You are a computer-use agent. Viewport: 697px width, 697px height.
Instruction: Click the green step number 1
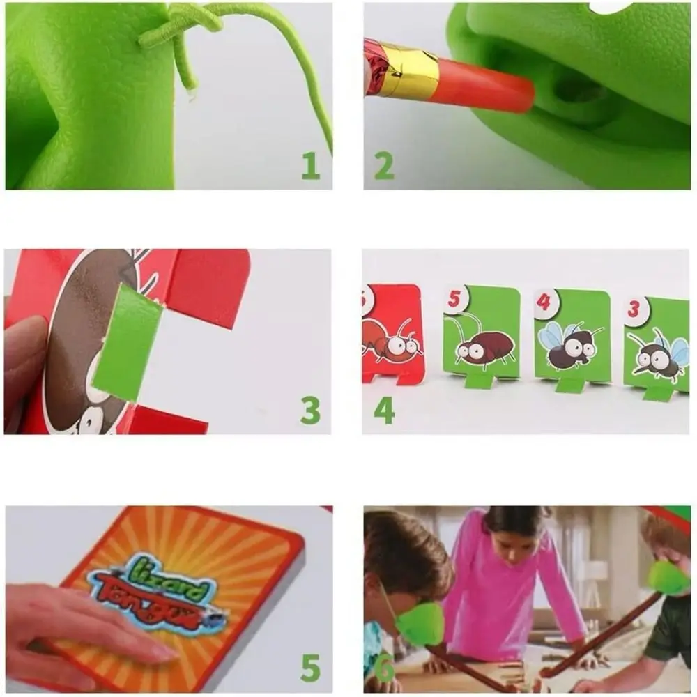(311, 166)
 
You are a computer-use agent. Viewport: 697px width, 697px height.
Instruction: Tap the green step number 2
(383, 166)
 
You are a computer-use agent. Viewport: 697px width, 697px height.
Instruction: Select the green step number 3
(310, 411)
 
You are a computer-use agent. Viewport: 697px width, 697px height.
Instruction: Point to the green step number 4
(384, 411)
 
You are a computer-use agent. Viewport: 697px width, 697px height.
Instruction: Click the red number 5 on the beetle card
(454, 299)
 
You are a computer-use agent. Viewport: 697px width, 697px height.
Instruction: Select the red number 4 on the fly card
(544, 302)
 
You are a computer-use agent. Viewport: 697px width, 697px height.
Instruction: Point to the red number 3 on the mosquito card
(634, 308)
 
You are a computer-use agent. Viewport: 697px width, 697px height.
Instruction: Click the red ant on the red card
(391, 340)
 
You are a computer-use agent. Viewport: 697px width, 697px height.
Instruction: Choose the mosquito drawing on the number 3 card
(658, 353)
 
